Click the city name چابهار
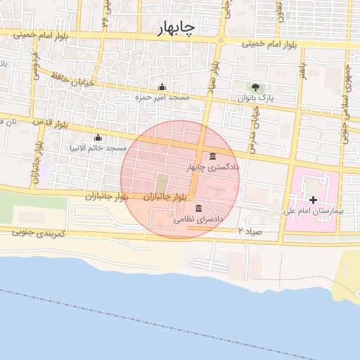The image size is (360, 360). [176, 27]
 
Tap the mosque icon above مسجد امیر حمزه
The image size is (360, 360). [162, 87]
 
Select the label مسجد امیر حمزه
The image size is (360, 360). [163, 97]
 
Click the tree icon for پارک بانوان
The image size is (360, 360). [255, 88]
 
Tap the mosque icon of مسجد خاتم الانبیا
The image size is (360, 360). [98, 138]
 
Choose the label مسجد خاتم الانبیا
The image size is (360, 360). [98, 148]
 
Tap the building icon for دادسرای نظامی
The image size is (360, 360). [199, 208]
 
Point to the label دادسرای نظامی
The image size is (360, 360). [199, 219]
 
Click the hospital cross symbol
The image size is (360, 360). [313, 200]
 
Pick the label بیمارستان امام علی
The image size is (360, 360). [312, 210]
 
